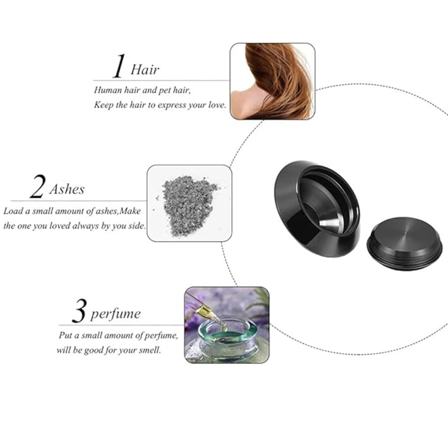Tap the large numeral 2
point(38,186)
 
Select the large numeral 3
point(79,311)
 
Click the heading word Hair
point(145,70)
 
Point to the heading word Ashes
point(67,190)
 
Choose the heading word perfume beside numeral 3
point(116,314)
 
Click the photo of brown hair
point(273,81)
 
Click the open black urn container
point(317,209)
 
